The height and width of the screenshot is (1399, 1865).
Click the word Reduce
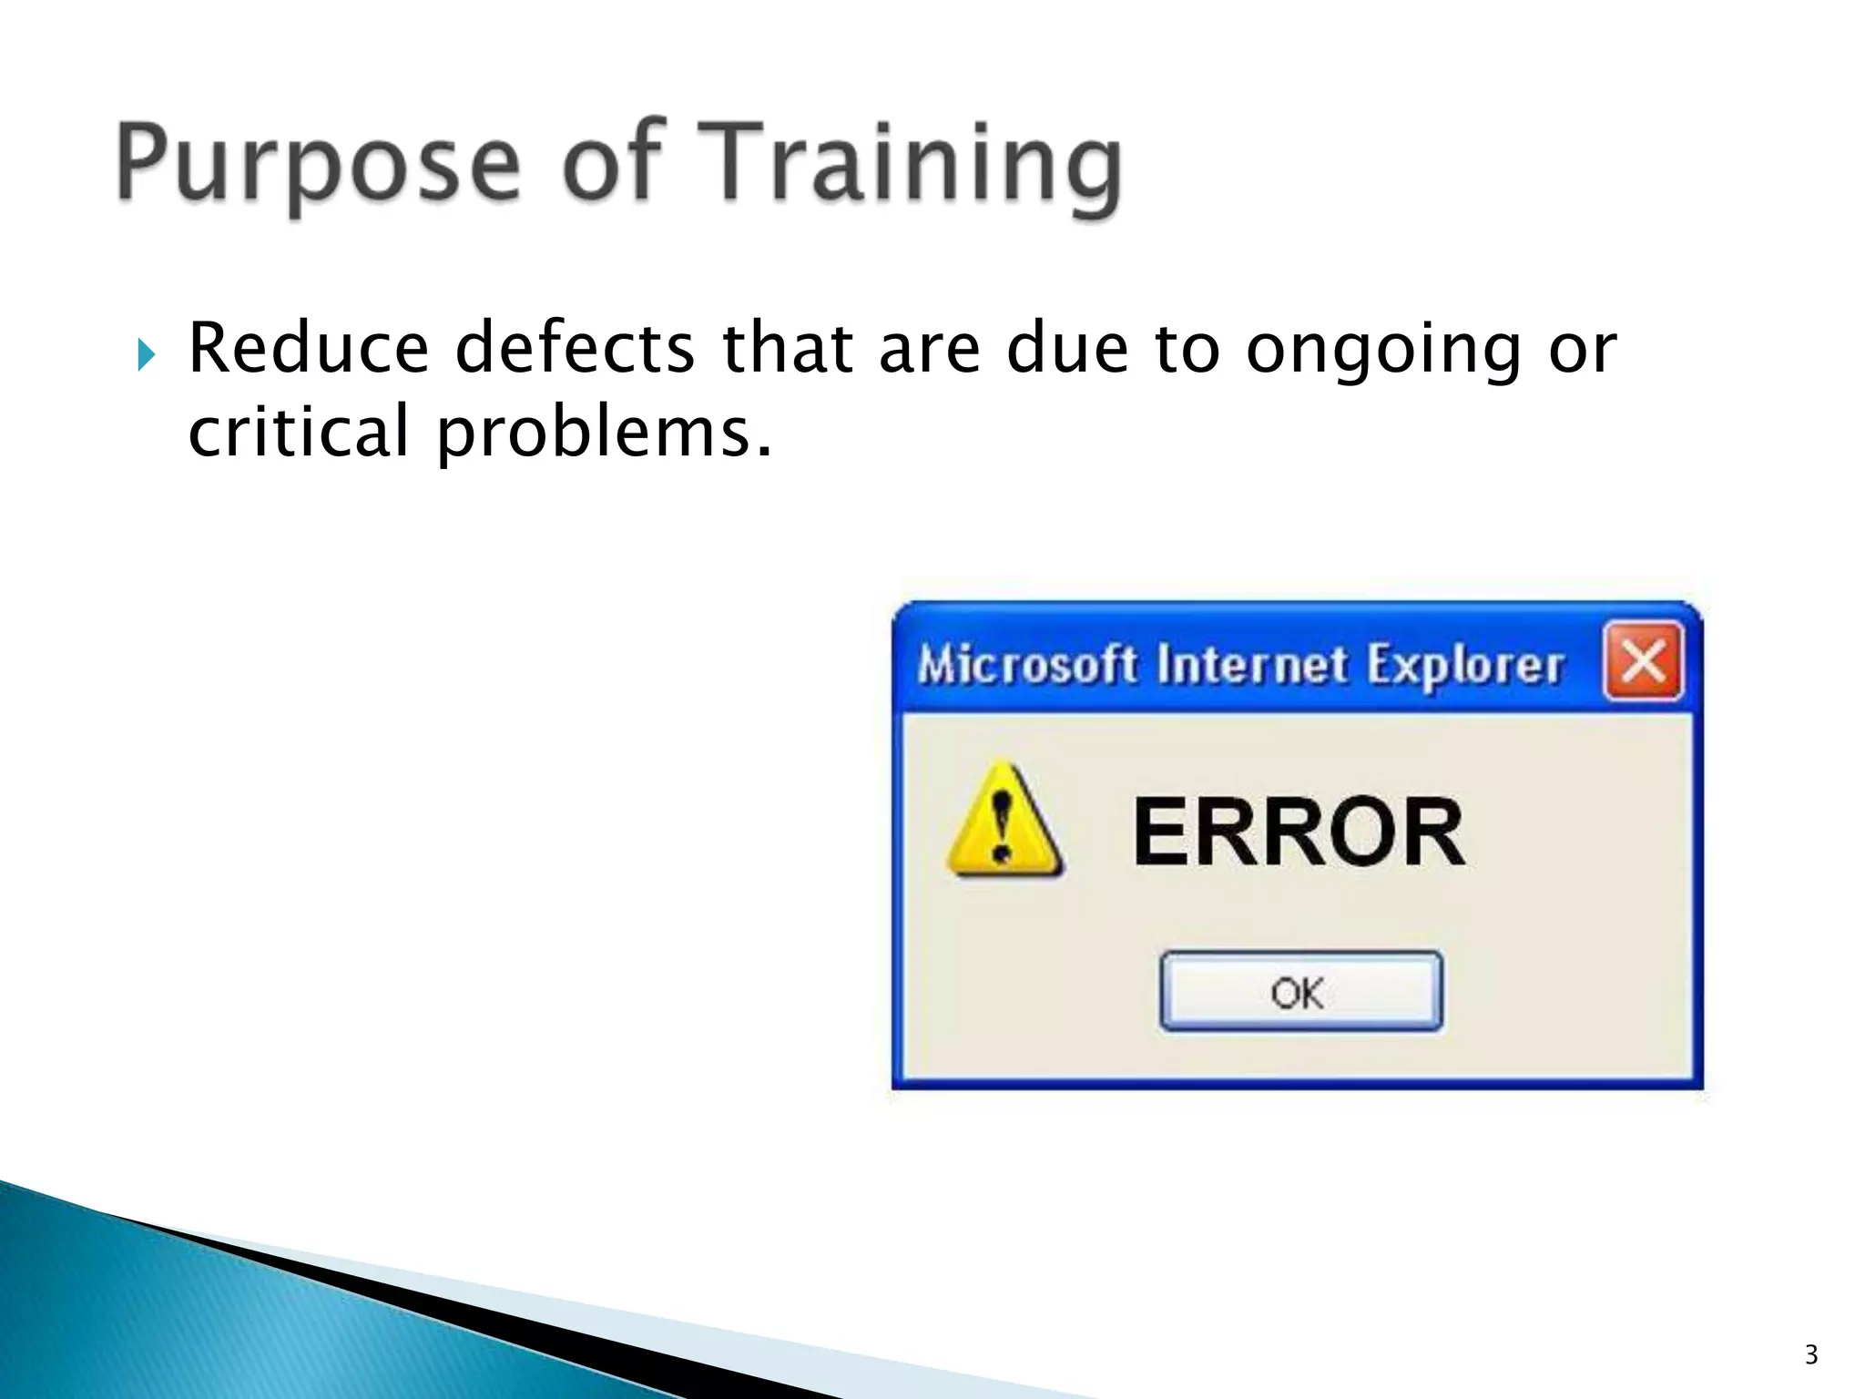(308, 349)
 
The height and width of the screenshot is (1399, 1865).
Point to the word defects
(575, 349)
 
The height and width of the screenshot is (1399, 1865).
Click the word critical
(299, 432)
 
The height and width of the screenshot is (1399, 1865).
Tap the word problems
(605, 434)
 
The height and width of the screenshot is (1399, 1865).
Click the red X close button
(1643, 661)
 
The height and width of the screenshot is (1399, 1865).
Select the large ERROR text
(1299, 832)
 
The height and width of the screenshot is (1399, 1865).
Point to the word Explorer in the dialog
(1464, 664)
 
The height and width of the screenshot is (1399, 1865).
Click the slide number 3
(1811, 1354)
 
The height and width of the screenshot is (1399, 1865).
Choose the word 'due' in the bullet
(1068, 349)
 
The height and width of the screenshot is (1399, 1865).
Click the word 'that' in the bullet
(788, 349)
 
